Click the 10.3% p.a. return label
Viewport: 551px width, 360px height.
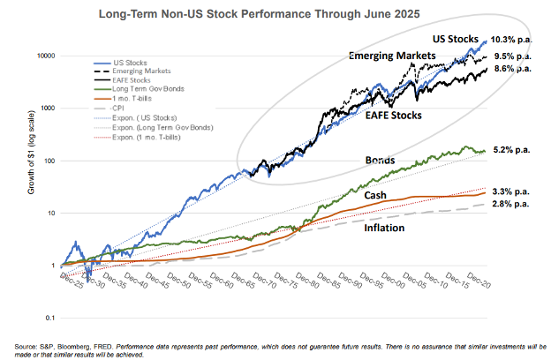(509, 41)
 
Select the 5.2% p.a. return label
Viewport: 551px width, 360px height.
(509, 150)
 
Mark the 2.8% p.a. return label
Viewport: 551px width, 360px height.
(509, 204)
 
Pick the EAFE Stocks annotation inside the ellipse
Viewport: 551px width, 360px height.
(393, 115)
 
